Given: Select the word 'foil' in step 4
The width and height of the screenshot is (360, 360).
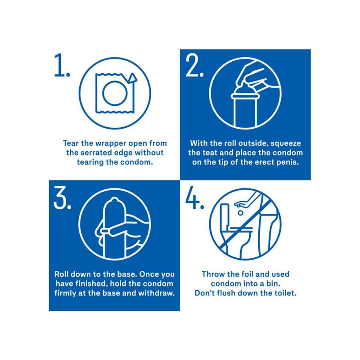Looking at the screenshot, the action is click(247, 274).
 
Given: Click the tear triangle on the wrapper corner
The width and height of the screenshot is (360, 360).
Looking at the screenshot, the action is click(132, 78).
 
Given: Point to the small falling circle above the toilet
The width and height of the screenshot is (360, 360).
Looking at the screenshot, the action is click(240, 213).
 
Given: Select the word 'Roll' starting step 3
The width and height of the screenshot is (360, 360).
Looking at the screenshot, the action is click(61, 274).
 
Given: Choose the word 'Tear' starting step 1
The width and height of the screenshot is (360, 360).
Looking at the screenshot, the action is click(71, 143).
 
